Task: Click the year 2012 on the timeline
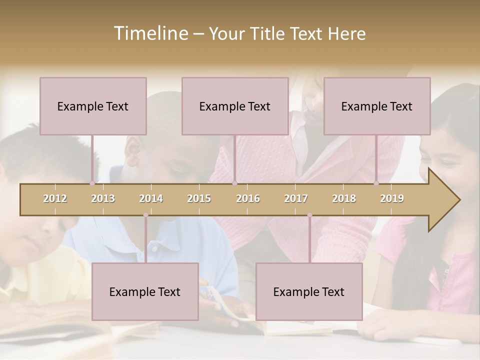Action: (x=55, y=198)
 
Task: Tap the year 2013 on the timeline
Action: (x=103, y=198)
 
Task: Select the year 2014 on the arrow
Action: (x=151, y=198)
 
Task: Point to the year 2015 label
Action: (x=199, y=198)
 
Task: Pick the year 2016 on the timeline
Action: (x=248, y=198)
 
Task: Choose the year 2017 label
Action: (x=296, y=198)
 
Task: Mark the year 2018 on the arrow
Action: (x=344, y=198)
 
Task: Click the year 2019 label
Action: (x=392, y=198)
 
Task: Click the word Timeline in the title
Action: (x=149, y=33)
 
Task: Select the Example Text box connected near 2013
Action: (x=93, y=106)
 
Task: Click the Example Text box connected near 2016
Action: (x=235, y=106)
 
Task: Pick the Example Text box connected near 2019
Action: (x=377, y=106)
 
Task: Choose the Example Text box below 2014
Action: (x=145, y=291)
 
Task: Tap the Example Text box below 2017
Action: (x=309, y=291)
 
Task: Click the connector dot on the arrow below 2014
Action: (x=145, y=215)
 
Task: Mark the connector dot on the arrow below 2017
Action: (x=309, y=215)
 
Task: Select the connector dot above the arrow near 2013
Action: (x=92, y=183)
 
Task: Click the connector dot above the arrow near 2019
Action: (x=376, y=183)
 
